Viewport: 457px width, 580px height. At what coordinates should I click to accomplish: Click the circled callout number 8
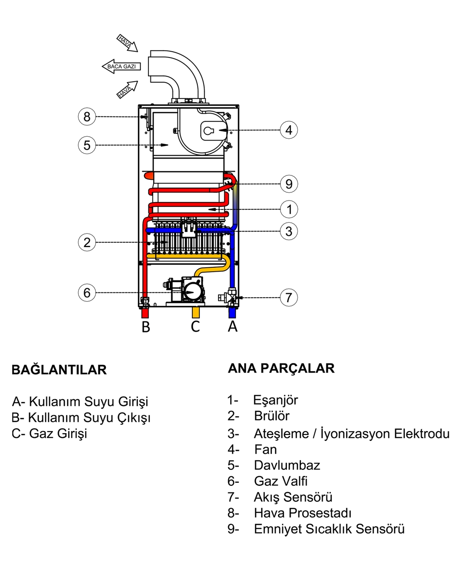pyautogui.click(x=87, y=116)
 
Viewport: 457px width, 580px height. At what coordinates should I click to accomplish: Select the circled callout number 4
pyautogui.click(x=289, y=130)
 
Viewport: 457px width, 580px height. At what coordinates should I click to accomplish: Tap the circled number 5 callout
pyautogui.click(x=87, y=145)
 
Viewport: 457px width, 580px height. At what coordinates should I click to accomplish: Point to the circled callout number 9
pyautogui.click(x=289, y=184)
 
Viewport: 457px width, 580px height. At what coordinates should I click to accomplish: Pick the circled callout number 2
pyautogui.click(x=87, y=242)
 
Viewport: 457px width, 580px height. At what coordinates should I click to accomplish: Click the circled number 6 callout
pyautogui.click(x=87, y=292)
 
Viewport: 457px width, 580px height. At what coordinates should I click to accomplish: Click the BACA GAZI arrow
pyautogui.click(x=121, y=66)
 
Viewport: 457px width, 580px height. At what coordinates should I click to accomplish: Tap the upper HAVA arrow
pyautogui.click(x=127, y=42)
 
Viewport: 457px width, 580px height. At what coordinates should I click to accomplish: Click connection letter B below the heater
pyautogui.click(x=146, y=327)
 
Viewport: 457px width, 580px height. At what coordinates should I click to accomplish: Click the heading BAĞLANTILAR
pyautogui.click(x=59, y=370)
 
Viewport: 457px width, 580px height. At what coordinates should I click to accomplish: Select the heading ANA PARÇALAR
pyautogui.click(x=281, y=368)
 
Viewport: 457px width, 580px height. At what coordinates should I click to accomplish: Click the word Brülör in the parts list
pyautogui.click(x=271, y=416)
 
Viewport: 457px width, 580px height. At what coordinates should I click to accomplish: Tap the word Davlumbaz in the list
pyautogui.click(x=286, y=465)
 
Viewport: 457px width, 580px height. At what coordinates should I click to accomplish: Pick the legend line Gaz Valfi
pyautogui.click(x=280, y=481)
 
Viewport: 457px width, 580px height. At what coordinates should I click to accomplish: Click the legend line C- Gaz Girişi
pyautogui.click(x=49, y=433)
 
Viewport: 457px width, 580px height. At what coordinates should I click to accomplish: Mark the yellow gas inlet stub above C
pyautogui.click(x=196, y=312)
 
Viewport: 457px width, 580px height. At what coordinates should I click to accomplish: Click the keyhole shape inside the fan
pyautogui.click(x=209, y=130)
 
